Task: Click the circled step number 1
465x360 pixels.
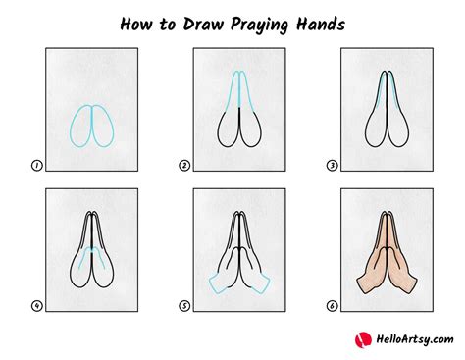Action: tap(36, 166)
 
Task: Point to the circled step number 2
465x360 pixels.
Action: tap(183, 166)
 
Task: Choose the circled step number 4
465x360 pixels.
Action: tap(36, 306)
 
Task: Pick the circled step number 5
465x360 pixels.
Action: tap(183, 306)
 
